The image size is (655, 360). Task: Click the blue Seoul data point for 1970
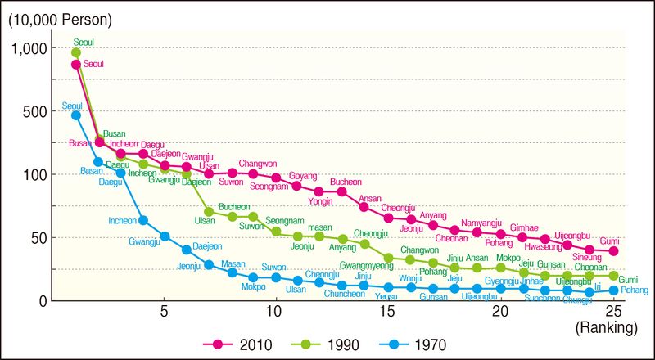pyautogui.click(x=76, y=115)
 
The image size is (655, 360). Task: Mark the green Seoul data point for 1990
pyautogui.click(x=76, y=53)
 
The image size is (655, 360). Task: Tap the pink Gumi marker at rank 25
pyautogui.click(x=613, y=251)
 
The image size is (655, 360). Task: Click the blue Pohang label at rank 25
pyautogui.click(x=635, y=290)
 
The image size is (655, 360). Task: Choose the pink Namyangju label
pyautogui.click(x=482, y=223)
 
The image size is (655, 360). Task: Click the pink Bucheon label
pyautogui.click(x=346, y=182)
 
